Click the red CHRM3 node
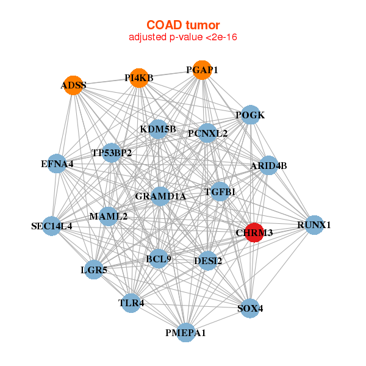click(x=254, y=232)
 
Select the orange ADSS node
click(x=73, y=85)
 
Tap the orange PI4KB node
click(x=139, y=78)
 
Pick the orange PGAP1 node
click(x=202, y=70)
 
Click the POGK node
click(x=251, y=115)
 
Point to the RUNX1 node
click(x=314, y=225)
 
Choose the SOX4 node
click(x=250, y=308)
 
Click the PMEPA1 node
click(x=186, y=332)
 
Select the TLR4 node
click(x=131, y=303)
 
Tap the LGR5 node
click(x=94, y=270)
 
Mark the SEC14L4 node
click(x=52, y=226)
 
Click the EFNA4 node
click(x=57, y=163)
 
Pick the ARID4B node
click(x=268, y=165)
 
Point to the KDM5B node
click(x=158, y=129)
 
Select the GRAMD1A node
click(x=160, y=196)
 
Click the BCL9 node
click(x=159, y=259)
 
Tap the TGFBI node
click(x=220, y=192)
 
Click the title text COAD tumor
click(x=183, y=25)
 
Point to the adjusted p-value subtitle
click(x=183, y=37)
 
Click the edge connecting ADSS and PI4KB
click(x=106, y=82)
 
